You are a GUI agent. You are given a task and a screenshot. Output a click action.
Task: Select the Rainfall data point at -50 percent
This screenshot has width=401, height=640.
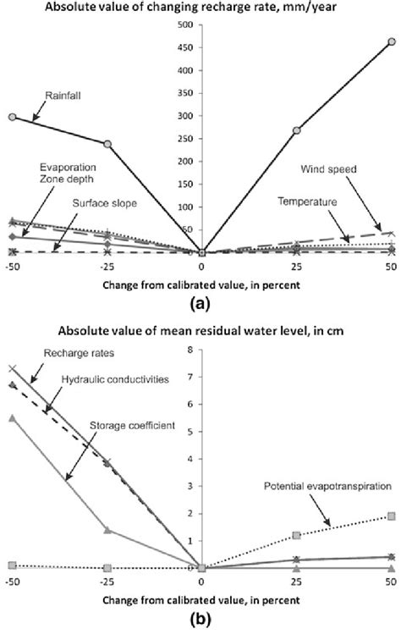click(x=12, y=116)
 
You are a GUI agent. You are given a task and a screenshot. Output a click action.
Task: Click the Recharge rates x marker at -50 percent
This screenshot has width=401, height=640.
click(x=12, y=369)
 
